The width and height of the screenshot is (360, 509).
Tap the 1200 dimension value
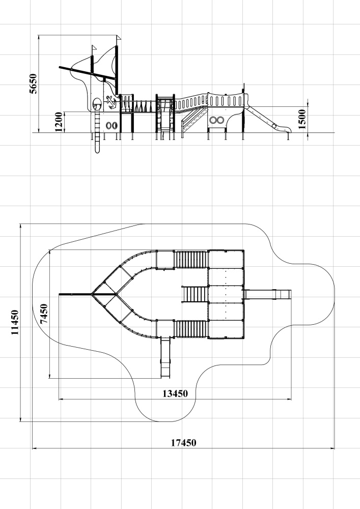(x=59, y=122)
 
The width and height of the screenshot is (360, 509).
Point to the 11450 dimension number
(x=15, y=323)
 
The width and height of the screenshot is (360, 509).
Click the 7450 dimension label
(x=44, y=314)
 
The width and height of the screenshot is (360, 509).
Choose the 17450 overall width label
(x=183, y=442)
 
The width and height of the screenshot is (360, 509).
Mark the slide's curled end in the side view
(x=276, y=125)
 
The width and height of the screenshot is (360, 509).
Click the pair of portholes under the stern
(x=217, y=121)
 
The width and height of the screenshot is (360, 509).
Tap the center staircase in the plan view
(x=195, y=294)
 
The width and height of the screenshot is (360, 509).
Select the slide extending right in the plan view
(x=268, y=294)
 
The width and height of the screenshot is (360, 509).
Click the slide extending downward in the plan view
(x=165, y=356)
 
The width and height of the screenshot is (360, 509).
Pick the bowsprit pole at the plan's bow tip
(x=75, y=294)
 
